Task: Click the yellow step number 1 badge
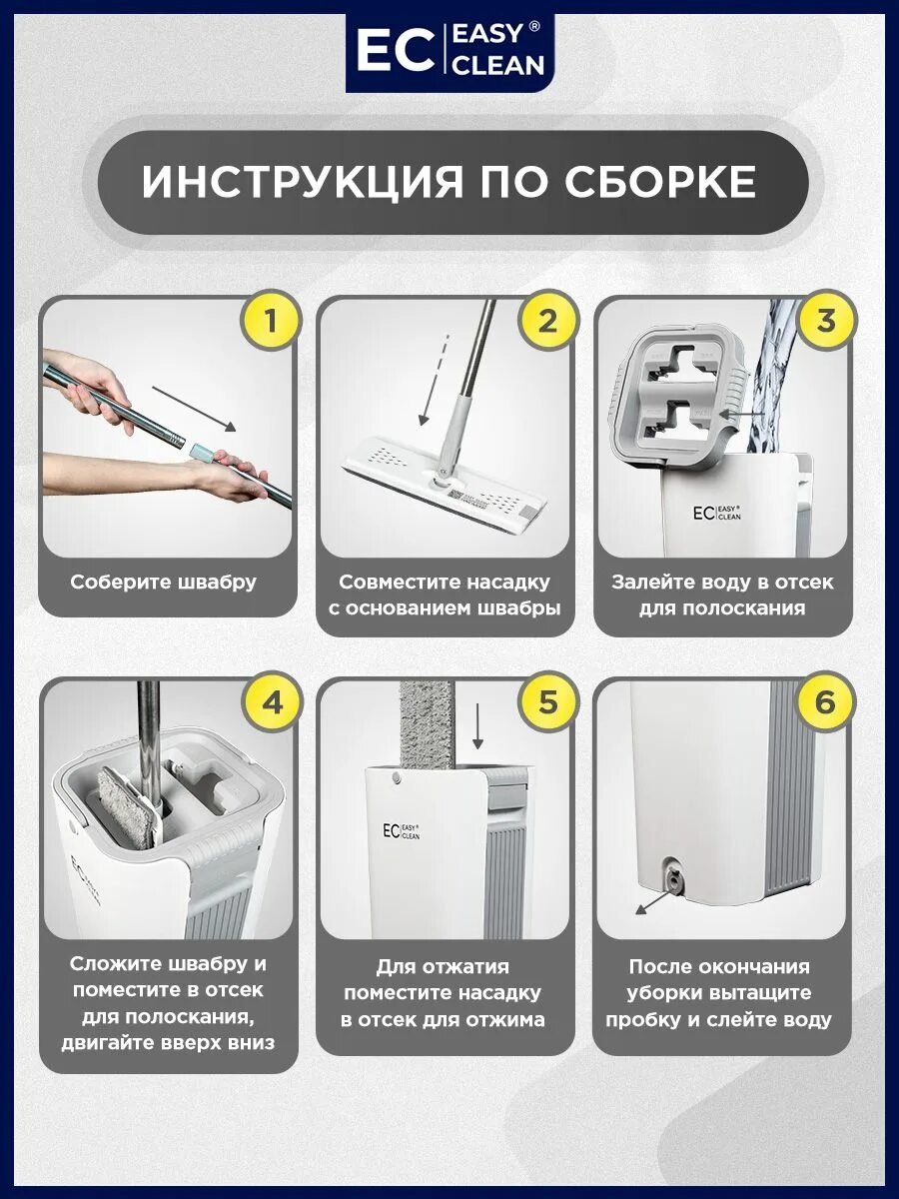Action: (x=271, y=321)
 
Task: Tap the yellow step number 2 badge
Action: (x=548, y=321)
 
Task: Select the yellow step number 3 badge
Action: (x=826, y=321)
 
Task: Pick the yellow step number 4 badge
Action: (x=273, y=702)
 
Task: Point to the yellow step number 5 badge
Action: (x=548, y=702)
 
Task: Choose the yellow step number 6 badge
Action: (x=825, y=702)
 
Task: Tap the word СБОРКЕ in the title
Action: (x=660, y=181)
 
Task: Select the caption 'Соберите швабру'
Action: (x=163, y=583)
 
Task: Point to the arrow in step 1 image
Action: (x=195, y=410)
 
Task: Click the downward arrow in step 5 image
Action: (x=478, y=726)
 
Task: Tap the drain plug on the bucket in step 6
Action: (x=675, y=880)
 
